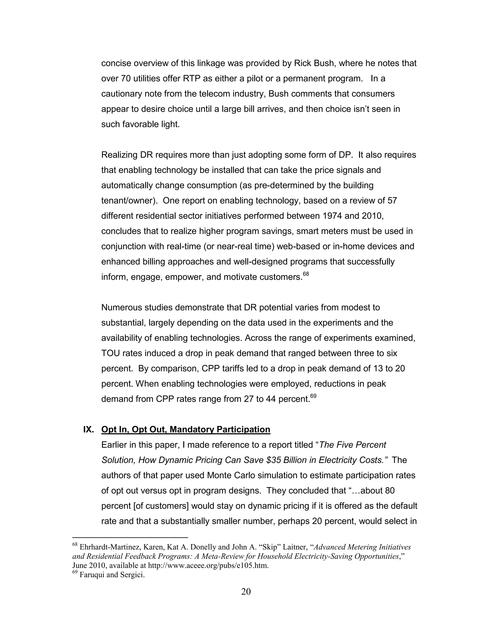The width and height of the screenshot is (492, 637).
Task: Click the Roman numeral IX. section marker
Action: point(88,430)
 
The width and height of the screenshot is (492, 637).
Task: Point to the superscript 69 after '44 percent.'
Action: point(313,396)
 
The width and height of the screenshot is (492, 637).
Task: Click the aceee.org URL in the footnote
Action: point(208,566)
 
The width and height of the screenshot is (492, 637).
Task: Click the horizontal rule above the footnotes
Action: point(130,537)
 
